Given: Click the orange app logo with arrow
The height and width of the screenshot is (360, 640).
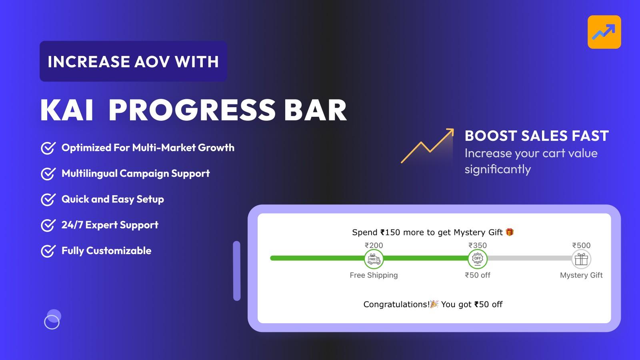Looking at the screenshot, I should click(x=604, y=32).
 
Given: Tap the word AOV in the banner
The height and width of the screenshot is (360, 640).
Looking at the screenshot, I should click(x=152, y=62).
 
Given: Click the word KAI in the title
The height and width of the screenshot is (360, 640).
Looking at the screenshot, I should click(x=67, y=110).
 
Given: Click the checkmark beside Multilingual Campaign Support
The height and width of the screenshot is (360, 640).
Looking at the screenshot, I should click(x=48, y=174).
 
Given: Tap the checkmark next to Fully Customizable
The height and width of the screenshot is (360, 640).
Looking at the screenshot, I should click(x=48, y=251).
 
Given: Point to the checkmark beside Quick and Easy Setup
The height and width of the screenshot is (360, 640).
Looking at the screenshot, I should click(x=48, y=200).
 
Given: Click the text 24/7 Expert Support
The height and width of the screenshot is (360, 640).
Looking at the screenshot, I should click(x=110, y=225).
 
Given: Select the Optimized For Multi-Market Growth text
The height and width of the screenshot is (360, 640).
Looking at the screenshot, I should click(x=148, y=148).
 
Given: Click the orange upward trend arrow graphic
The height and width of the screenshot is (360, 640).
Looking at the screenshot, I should click(x=427, y=146).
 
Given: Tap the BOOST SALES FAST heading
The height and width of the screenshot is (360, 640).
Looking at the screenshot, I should click(x=536, y=136).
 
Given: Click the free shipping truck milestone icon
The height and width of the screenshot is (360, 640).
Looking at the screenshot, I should click(x=374, y=259).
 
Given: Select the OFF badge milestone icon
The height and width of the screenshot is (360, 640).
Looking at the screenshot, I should click(x=478, y=259).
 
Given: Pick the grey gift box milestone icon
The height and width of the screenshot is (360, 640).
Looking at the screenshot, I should click(x=581, y=259).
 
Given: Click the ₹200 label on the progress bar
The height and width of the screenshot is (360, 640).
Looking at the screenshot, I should click(x=374, y=245).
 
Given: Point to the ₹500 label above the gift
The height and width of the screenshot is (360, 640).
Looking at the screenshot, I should click(x=581, y=245).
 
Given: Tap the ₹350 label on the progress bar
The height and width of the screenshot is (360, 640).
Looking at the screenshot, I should click(x=478, y=245).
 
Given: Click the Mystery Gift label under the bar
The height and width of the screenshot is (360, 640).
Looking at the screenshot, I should click(x=581, y=275).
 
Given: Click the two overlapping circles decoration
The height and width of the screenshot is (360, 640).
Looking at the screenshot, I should click(x=52, y=319).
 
